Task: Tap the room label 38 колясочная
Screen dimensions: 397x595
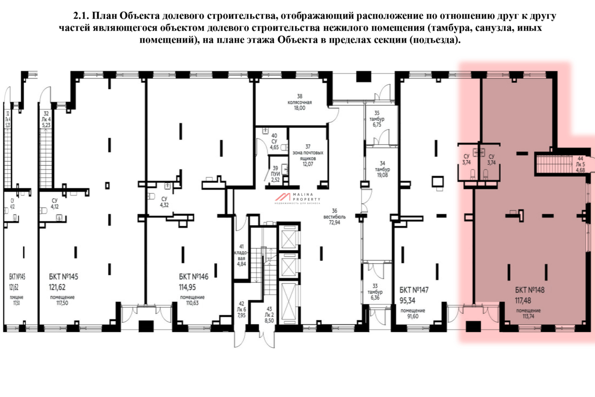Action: (x=299, y=102)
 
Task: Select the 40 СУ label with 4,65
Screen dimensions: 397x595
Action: (x=274, y=141)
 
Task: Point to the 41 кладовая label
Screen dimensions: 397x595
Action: (x=241, y=255)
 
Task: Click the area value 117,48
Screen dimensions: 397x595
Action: (x=527, y=300)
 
